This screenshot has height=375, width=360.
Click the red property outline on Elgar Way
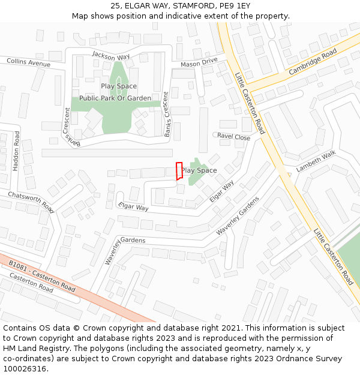pos(178,171)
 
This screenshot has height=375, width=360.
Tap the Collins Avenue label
pos(29,62)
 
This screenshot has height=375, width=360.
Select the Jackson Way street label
pos(111,56)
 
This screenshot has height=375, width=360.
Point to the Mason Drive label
pos(199,62)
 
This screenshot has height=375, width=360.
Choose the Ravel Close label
pos(233,137)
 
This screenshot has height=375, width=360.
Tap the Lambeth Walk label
pos(316,161)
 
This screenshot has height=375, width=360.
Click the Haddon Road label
pos(17,149)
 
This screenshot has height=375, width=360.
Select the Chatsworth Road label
pos(31,202)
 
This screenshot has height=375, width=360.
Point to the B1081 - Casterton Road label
pos(42,276)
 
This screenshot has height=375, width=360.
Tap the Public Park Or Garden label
pos(115,98)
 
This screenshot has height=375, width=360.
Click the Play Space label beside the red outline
pos(199,170)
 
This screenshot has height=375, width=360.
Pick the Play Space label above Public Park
pos(119,86)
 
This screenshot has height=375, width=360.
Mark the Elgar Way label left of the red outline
pos(133,207)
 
